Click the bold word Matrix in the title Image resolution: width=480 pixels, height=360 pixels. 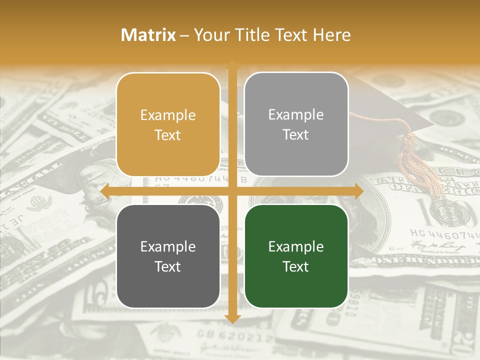[x=148, y=35]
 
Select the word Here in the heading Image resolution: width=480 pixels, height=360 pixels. [x=331, y=35]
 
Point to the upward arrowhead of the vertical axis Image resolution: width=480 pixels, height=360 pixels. [x=232, y=63]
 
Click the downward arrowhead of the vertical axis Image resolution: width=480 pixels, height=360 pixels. [x=232, y=318]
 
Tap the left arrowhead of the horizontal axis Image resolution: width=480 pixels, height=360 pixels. [x=104, y=191]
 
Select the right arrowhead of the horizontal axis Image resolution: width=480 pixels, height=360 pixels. [x=359, y=191]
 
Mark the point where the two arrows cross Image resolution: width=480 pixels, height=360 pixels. [x=232, y=191]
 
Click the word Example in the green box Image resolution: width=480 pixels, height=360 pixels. [x=296, y=247]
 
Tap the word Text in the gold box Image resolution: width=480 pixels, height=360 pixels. [x=168, y=135]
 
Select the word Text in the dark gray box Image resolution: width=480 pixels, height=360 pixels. [x=168, y=267]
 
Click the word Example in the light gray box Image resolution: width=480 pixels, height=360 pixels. [x=296, y=115]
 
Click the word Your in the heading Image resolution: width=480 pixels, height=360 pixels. [x=210, y=35]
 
